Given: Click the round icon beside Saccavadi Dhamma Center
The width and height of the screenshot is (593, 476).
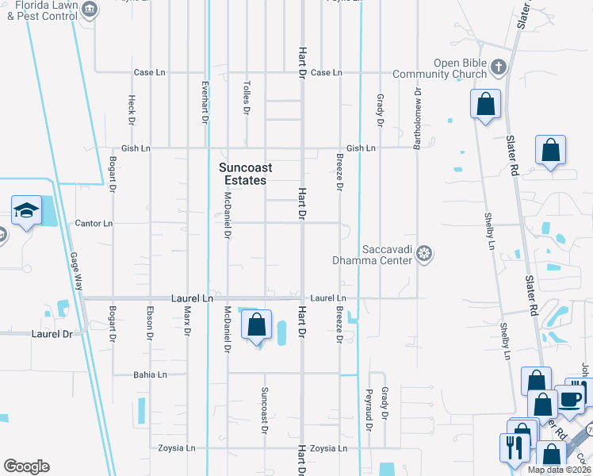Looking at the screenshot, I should [x=425, y=254].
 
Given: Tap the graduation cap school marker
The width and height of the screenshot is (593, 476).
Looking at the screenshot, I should [x=26, y=211].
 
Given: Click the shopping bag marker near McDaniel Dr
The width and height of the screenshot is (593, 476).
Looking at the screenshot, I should [x=256, y=324].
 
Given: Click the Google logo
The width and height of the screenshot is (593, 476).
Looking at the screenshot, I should [x=26, y=466].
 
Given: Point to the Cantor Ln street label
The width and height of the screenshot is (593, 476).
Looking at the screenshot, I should [x=87, y=224].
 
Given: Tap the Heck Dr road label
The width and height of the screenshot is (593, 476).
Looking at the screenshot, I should [x=132, y=111].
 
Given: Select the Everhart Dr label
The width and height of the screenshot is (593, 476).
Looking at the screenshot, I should [x=205, y=103].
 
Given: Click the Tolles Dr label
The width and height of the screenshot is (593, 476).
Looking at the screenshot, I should [x=247, y=98].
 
